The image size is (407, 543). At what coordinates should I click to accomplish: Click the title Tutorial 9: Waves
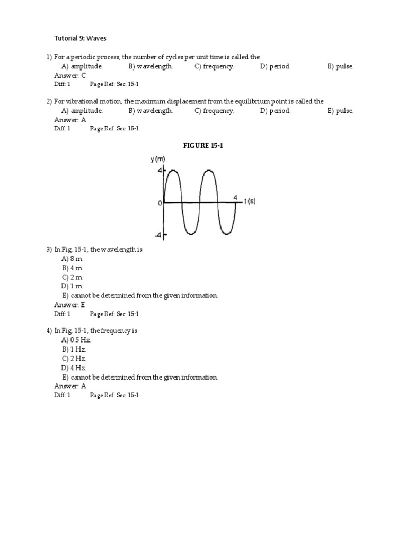tap(81, 38)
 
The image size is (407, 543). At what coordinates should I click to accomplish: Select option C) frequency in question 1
tap(214, 66)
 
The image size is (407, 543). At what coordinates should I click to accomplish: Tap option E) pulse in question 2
tap(340, 111)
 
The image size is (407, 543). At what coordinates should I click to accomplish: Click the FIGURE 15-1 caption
tap(203, 145)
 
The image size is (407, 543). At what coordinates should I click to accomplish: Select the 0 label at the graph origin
tap(160, 203)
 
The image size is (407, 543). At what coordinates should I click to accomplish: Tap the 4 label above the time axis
tap(236, 197)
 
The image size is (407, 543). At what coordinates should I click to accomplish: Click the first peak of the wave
tap(172, 170)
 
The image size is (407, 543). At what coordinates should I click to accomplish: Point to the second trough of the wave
tap(226, 234)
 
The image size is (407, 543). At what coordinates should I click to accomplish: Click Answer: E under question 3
tap(69, 305)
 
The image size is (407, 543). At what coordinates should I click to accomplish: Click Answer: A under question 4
tap(70, 386)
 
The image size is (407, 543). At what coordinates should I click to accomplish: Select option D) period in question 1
tap(276, 66)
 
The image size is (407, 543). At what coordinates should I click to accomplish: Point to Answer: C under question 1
tap(70, 75)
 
